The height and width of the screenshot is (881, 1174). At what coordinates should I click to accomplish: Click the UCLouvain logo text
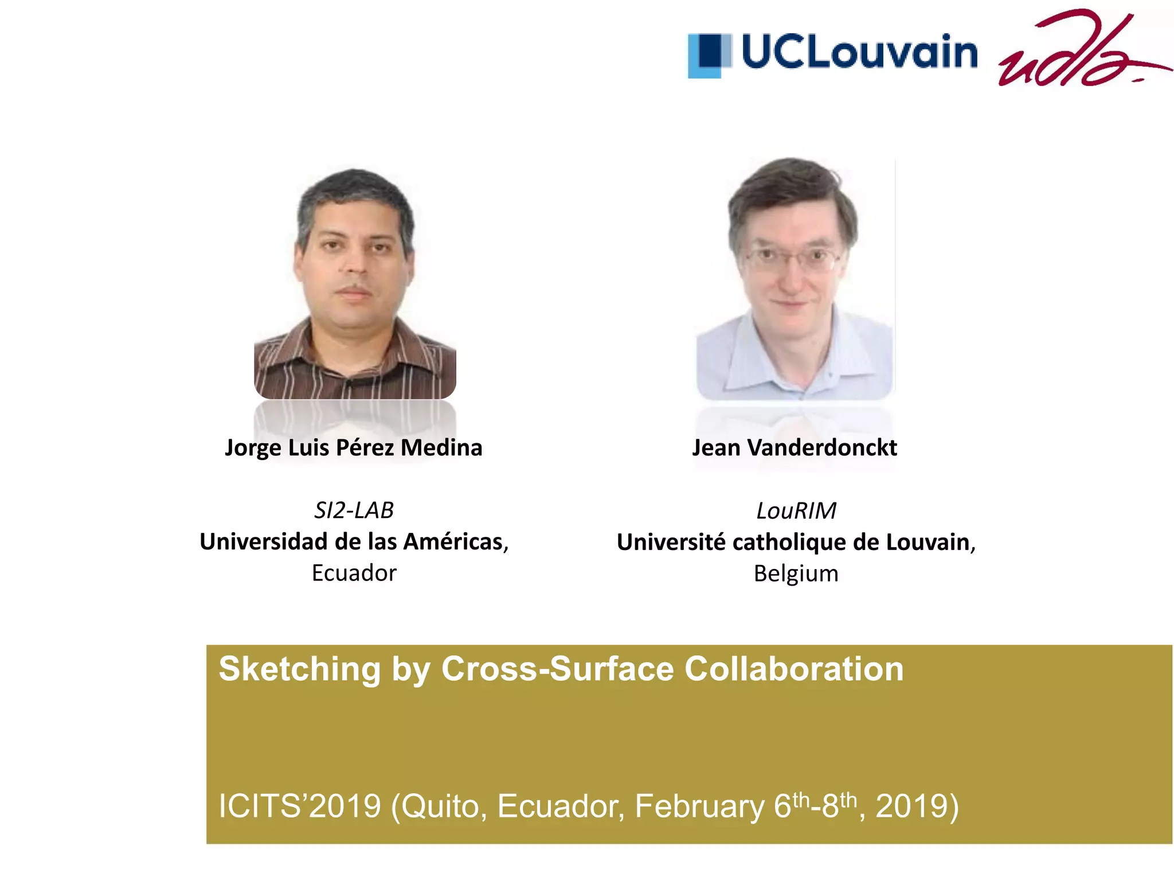click(859, 52)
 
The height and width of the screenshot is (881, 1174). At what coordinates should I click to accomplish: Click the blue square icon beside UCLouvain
click(710, 55)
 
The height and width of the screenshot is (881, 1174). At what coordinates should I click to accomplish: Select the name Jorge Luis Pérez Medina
click(354, 448)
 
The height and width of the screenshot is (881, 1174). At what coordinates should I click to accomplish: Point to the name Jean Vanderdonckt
click(795, 448)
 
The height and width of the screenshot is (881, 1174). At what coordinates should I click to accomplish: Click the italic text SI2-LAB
click(354, 510)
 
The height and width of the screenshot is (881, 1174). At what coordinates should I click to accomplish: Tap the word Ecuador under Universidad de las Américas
click(354, 573)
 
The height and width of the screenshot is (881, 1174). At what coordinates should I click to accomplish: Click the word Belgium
click(796, 574)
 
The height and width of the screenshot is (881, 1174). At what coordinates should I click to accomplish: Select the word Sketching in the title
click(299, 669)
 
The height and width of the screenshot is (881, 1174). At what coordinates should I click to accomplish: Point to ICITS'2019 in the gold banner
click(300, 806)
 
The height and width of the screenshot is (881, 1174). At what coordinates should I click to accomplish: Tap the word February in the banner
click(699, 806)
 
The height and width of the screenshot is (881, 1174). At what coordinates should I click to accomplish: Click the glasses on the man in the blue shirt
click(792, 258)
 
